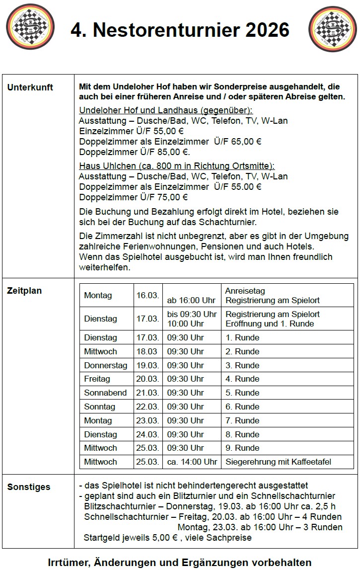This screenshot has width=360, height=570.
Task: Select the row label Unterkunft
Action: click(x=30, y=87)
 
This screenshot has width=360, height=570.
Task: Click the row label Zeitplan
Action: click(x=24, y=291)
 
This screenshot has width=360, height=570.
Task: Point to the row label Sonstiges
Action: click(x=29, y=487)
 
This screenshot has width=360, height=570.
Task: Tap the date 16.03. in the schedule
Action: click(x=147, y=296)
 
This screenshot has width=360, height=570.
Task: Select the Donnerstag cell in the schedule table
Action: click(x=105, y=365)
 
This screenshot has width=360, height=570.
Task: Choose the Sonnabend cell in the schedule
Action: click(x=105, y=393)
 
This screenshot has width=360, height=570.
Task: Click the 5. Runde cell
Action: click(x=242, y=393)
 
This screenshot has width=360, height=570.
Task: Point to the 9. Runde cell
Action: click(x=242, y=448)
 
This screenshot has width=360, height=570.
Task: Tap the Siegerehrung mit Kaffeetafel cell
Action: click(x=278, y=462)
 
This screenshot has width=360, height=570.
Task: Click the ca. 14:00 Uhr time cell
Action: click(x=192, y=462)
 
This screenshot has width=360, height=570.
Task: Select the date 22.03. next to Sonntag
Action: click(x=147, y=407)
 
